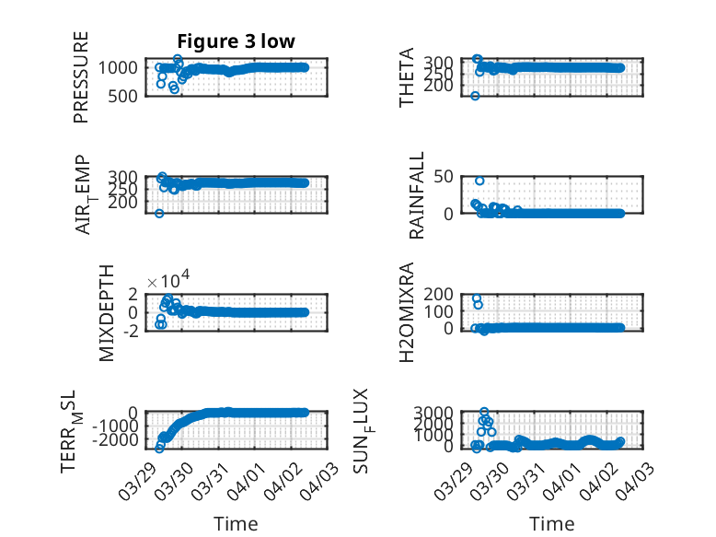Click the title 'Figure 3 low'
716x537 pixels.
tap(236, 41)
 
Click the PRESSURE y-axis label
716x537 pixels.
tap(82, 77)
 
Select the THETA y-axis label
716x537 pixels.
tap(407, 77)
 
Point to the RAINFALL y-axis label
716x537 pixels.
tap(416, 196)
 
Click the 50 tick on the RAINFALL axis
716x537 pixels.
tap(445, 176)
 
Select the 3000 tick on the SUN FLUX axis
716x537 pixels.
tap(436, 412)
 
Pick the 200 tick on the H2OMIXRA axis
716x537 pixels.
tap(440, 294)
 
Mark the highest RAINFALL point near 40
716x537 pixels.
tap(479, 181)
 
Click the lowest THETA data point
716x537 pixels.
tap(476, 96)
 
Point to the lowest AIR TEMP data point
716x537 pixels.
tap(159, 214)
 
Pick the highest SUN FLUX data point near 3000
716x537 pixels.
tap(485, 412)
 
